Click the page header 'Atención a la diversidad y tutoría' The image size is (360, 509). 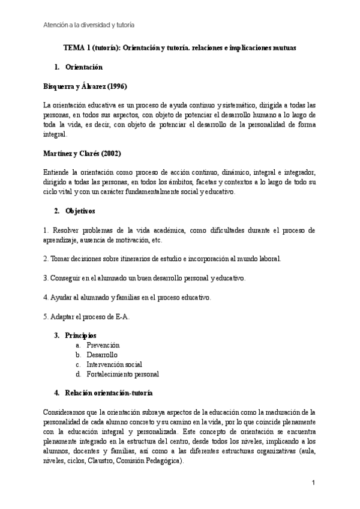point(89,25)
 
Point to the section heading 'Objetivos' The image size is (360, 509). point(80,211)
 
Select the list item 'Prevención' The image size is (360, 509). point(103,345)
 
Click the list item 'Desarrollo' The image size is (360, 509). point(101,355)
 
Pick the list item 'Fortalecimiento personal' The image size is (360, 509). point(122,374)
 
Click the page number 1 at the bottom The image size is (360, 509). point(313,483)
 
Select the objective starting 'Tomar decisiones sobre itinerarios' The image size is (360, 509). point(162,259)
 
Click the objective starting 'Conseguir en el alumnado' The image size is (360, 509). point(145,278)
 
